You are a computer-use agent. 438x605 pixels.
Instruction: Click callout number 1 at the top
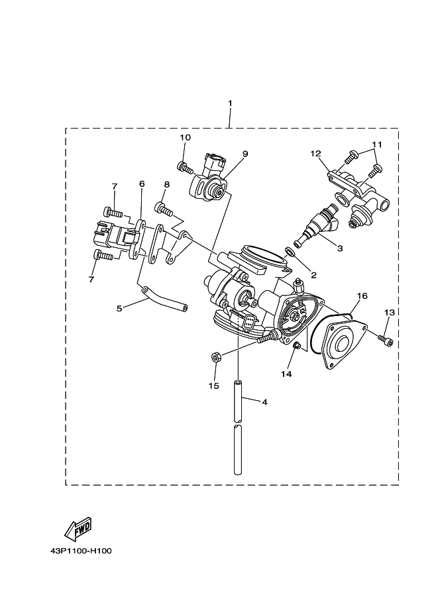tap(230, 103)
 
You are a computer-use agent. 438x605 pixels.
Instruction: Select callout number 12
tap(315, 154)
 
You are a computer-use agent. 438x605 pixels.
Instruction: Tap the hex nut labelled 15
tap(216, 357)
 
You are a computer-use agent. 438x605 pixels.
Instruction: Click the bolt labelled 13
tap(385, 341)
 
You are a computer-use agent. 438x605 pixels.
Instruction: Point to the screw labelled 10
tap(182, 166)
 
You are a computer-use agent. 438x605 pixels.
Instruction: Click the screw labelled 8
tap(164, 210)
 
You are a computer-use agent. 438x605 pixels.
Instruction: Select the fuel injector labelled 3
tap(321, 223)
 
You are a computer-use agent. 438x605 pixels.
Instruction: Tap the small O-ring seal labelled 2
tap(290, 251)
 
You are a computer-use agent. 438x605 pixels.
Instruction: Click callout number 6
tap(141, 184)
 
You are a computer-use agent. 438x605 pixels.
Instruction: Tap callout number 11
tap(377, 144)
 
